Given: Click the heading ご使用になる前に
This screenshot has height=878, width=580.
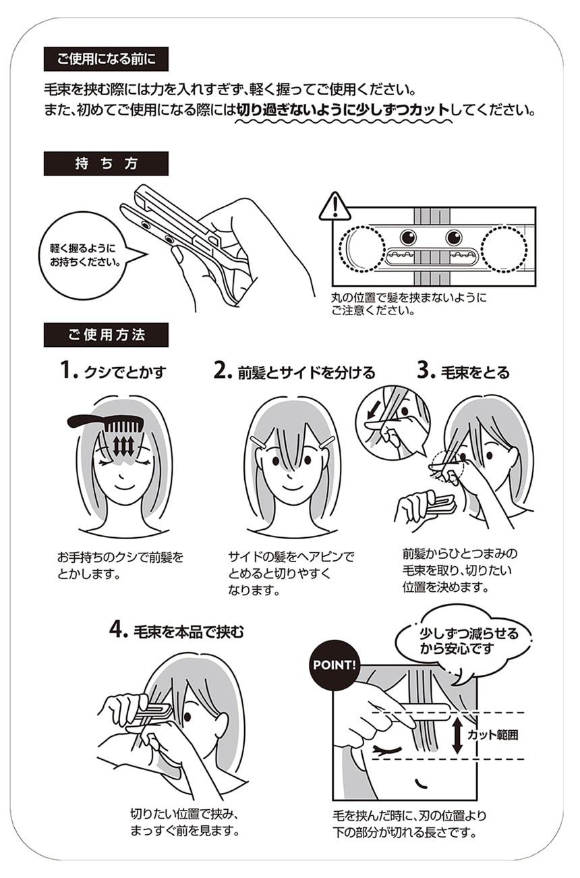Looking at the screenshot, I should [x=106, y=59].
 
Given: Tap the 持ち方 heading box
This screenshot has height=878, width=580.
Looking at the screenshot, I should [x=106, y=164].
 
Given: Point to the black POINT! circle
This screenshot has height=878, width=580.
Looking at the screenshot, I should [x=333, y=665].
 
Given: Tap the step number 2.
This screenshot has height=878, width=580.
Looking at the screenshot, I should [x=223, y=371].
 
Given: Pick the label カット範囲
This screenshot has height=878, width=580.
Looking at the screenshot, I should [x=493, y=735].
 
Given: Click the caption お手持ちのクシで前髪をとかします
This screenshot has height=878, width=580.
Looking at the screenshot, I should [x=120, y=566].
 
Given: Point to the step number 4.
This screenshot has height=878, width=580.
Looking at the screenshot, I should [x=118, y=630].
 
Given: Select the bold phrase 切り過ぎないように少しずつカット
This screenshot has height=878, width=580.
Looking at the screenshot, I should [x=343, y=110].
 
